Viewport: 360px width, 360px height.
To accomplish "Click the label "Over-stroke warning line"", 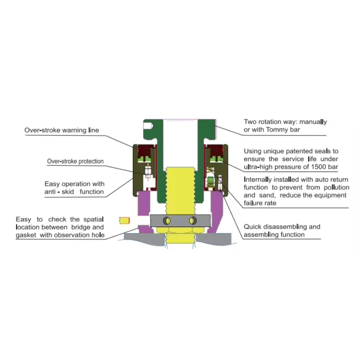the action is [x=61, y=130].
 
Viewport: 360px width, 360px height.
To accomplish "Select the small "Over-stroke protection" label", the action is [x=76, y=161].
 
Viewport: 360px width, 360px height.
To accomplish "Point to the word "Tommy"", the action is [x=281, y=130].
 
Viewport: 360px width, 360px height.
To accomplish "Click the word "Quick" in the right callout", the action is [x=253, y=227].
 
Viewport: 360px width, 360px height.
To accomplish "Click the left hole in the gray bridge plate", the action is [x=167, y=220].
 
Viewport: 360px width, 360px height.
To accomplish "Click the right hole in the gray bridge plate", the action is [x=193, y=220].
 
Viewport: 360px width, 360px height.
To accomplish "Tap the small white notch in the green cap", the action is [x=148, y=133].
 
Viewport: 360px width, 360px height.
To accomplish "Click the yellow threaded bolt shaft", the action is [x=180, y=189].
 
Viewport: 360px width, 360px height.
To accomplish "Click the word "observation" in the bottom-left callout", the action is [x=72, y=235].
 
